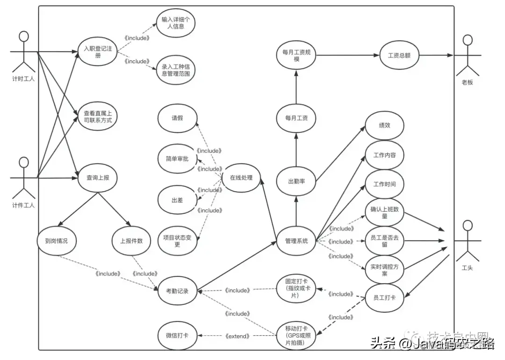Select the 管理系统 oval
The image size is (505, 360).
(x=296, y=241)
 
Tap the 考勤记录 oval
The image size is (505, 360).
(x=178, y=291)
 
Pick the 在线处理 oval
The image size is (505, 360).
(x=241, y=178)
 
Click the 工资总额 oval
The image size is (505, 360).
(x=399, y=55)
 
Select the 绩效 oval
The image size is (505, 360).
(x=384, y=126)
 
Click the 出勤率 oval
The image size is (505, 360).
(x=296, y=181)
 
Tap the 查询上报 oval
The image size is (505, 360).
(x=97, y=178)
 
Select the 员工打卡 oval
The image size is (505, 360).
(x=384, y=297)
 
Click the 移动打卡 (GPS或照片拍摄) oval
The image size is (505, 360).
(x=296, y=335)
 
